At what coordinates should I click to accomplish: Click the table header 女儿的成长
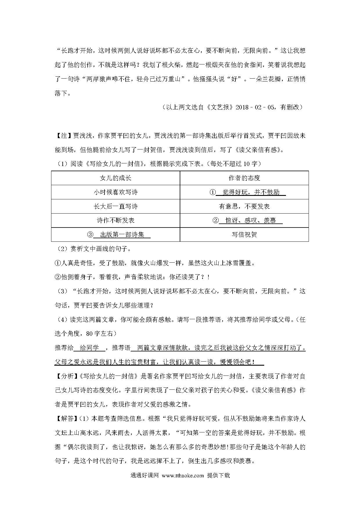[116, 178]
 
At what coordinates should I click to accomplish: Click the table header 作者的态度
[244, 178]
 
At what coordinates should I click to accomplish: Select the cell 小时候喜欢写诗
[116, 192]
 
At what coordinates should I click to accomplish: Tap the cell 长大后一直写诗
[116, 206]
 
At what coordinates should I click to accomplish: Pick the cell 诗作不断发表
[116, 221]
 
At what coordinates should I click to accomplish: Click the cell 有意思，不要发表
[244, 206]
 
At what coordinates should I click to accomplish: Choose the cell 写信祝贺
[244, 234]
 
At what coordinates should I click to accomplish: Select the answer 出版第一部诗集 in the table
[122, 234]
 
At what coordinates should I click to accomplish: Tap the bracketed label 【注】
[63, 136]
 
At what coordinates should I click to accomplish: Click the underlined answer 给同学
[89, 348]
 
